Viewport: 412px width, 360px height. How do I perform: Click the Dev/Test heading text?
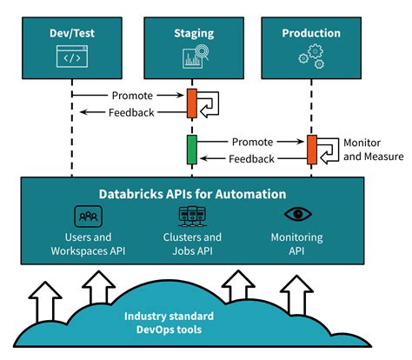click(x=72, y=33)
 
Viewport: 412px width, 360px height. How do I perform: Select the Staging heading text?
click(x=192, y=33)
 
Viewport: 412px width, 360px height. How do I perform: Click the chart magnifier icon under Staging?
click(x=192, y=57)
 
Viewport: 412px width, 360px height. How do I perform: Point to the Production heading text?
click(x=312, y=33)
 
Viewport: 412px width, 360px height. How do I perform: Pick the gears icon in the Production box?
click(x=312, y=57)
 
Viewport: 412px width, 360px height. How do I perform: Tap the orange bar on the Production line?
click(x=311, y=150)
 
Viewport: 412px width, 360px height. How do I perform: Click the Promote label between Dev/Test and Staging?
click(x=132, y=95)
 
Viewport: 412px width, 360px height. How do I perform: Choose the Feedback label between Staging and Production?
click(x=251, y=158)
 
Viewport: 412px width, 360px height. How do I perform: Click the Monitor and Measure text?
click(x=373, y=150)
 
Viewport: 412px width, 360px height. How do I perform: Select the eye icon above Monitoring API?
click(x=296, y=214)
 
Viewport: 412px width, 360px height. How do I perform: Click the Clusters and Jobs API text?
click(x=192, y=243)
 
